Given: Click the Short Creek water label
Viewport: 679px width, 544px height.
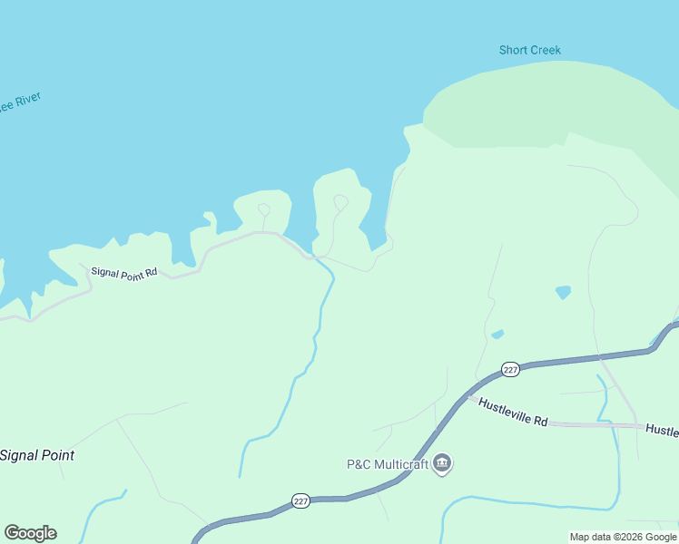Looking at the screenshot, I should [530, 50].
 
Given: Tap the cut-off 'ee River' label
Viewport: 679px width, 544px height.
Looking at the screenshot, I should [20, 102].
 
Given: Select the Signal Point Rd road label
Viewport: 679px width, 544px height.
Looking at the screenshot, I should [124, 272].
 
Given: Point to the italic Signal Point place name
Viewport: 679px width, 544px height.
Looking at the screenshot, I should [37, 455].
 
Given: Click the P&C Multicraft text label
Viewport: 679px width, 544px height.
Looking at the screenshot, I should [388, 464].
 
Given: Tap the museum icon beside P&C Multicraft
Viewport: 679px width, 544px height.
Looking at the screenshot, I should [443, 464].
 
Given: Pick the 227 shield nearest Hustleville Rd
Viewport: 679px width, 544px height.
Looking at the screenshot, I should [510, 369].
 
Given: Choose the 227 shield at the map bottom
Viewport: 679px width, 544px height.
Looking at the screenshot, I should [301, 500].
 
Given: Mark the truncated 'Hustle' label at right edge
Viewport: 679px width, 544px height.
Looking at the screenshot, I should [662, 431].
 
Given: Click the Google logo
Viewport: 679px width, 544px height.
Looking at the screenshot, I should [30, 533].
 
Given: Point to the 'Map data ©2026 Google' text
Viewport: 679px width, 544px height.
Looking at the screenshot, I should [624, 537].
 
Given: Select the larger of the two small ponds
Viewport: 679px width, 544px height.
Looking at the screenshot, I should [564, 292].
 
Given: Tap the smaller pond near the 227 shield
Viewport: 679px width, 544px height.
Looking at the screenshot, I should [497, 335].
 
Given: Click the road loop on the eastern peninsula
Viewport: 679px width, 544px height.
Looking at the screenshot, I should [340, 201].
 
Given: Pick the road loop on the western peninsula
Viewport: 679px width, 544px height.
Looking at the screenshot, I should [263, 209].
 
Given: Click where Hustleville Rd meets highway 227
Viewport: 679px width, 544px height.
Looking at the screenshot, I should [468, 395].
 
